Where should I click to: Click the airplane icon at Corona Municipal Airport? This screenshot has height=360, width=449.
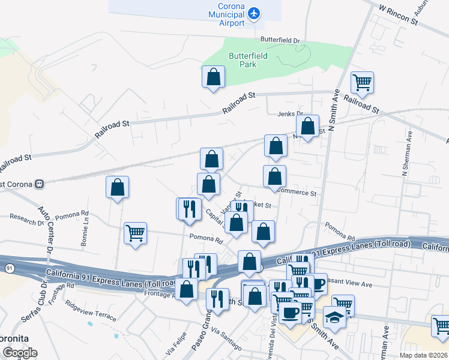[x=254, y=13]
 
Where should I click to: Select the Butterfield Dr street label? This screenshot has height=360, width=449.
[x=279, y=40]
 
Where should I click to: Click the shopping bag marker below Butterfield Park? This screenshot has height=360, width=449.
[x=213, y=77]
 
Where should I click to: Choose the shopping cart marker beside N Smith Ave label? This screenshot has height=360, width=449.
[x=362, y=83]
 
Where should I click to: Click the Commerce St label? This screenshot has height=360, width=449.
[x=296, y=193]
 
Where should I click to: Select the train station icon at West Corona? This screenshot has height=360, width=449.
[x=40, y=184]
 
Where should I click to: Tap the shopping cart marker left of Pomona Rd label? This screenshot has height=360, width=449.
[x=136, y=233]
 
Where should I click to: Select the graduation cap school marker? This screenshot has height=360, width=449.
[x=334, y=317]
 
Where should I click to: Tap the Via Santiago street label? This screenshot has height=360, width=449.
[x=226, y=341]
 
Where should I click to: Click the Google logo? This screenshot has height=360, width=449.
[x=20, y=353]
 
